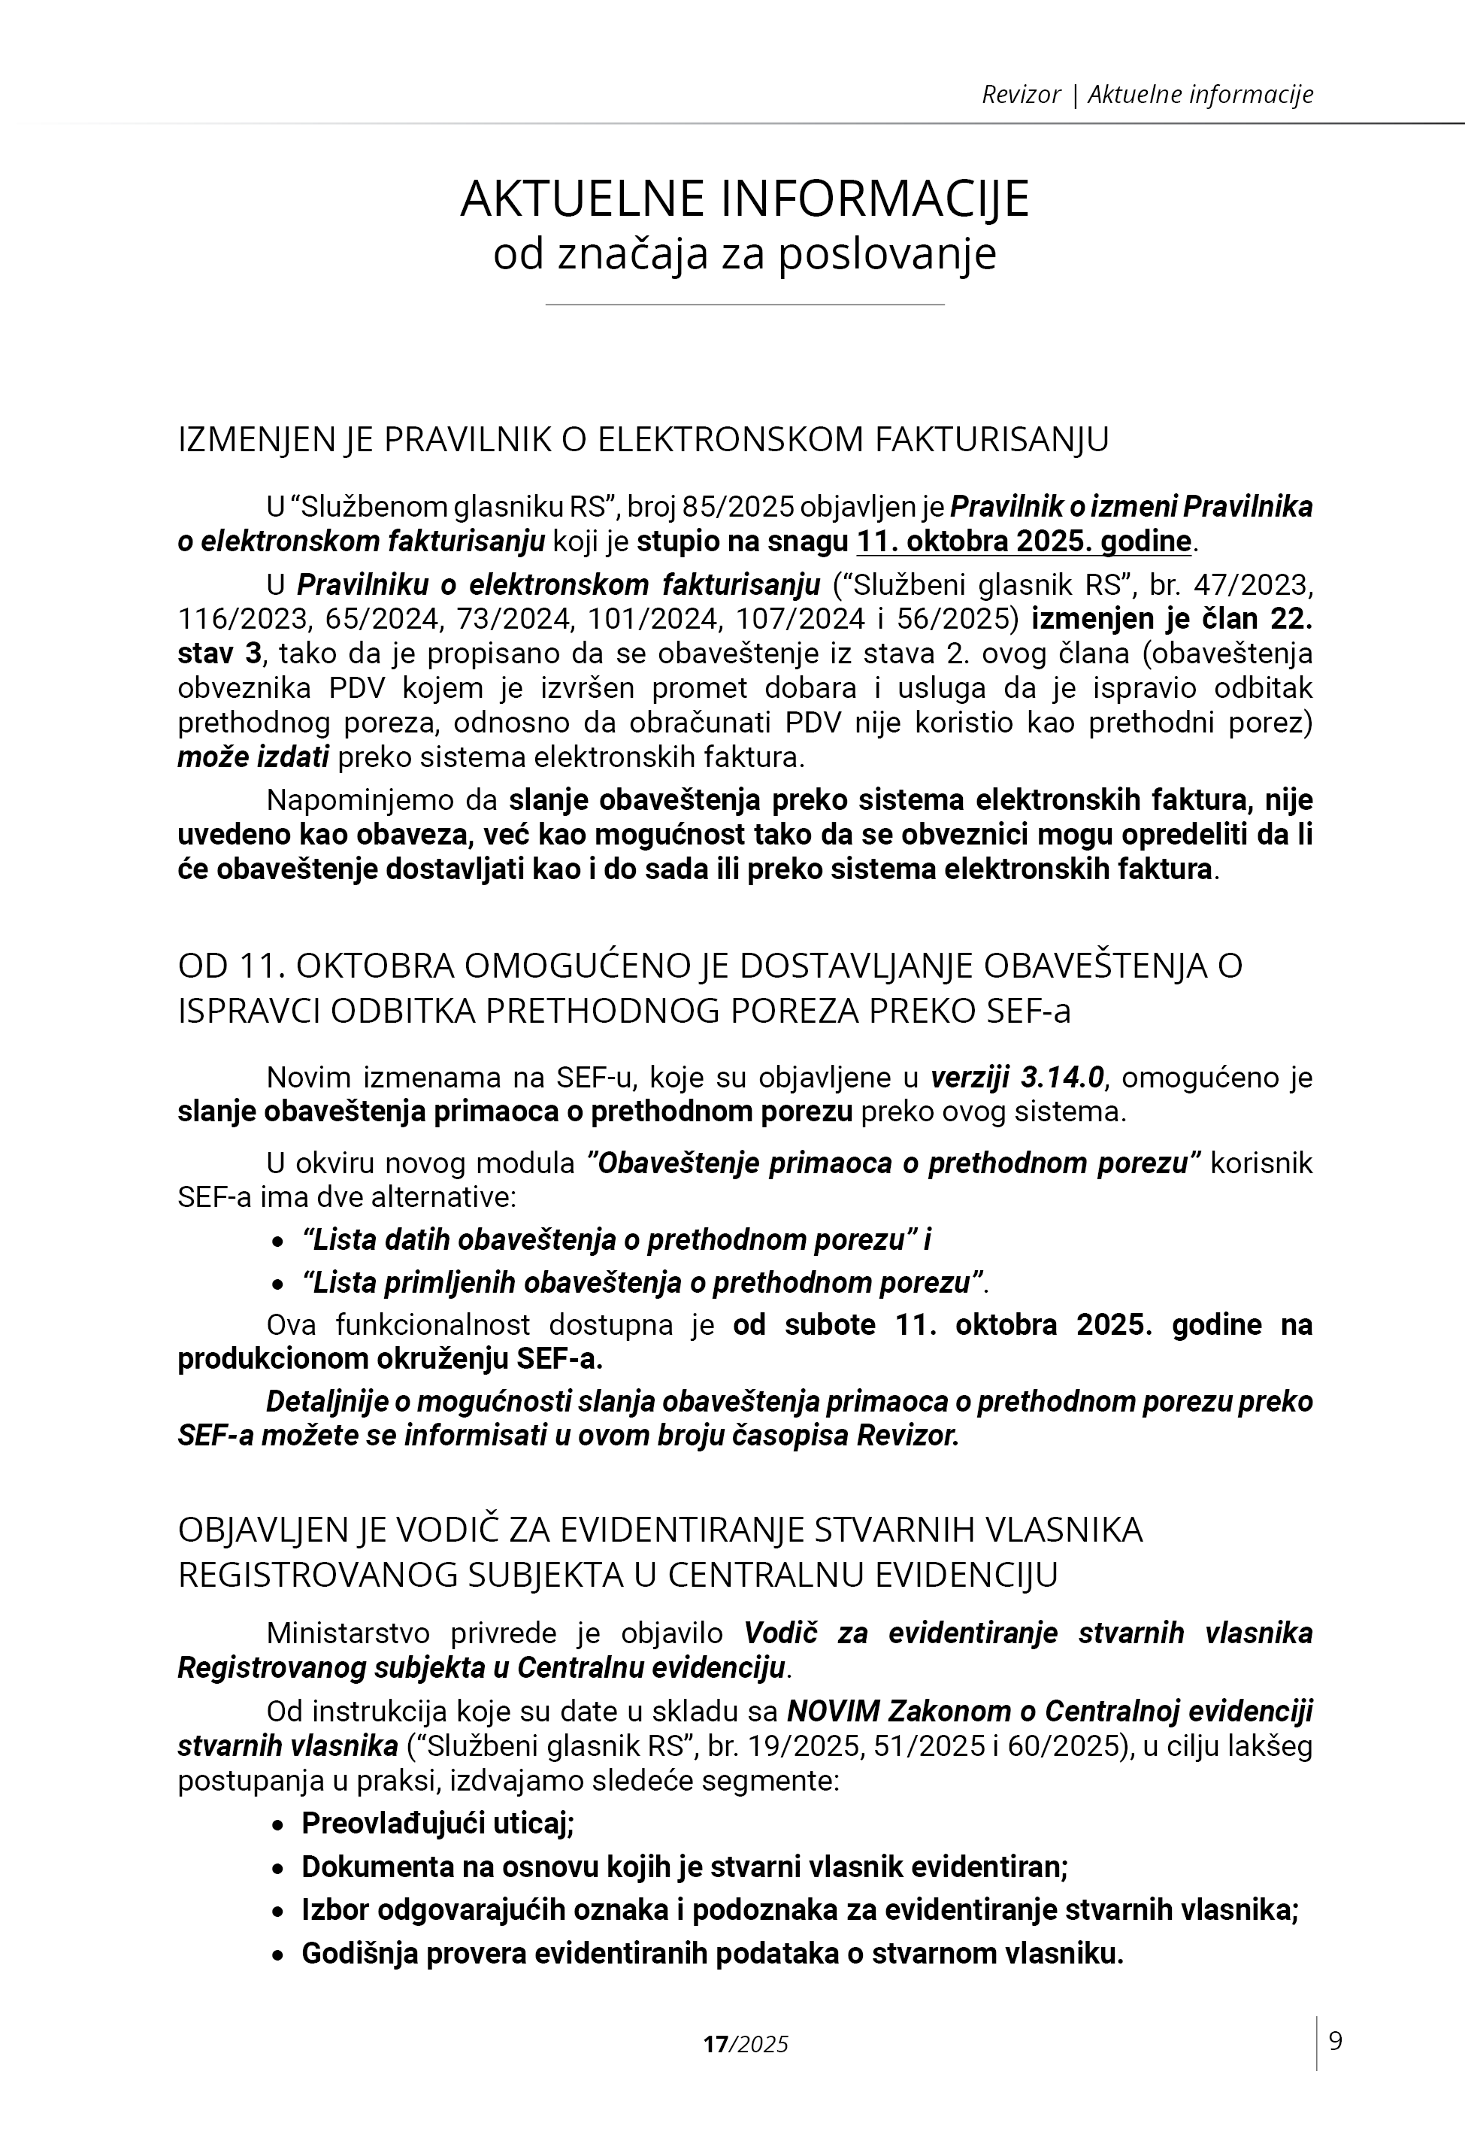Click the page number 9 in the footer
coord(1336,2041)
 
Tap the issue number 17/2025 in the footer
coord(746,2044)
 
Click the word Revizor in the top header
coord(1021,95)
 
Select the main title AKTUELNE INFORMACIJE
coord(744,199)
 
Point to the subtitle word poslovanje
coord(887,254)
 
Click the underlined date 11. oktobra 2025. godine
coord(1024,541)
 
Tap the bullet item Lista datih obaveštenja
coord(617,1240)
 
